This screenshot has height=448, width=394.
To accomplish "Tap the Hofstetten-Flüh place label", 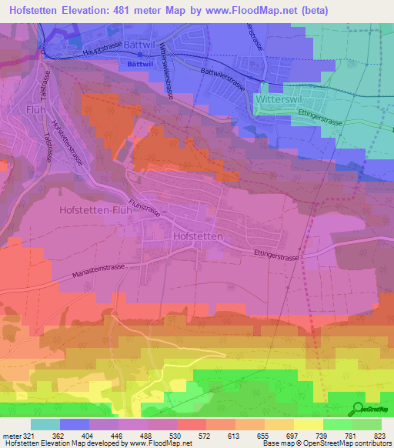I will click(91, 209).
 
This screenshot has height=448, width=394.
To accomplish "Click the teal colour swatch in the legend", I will click(45, 424).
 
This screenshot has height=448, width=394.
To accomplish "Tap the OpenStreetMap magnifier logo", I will click(358, 409).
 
